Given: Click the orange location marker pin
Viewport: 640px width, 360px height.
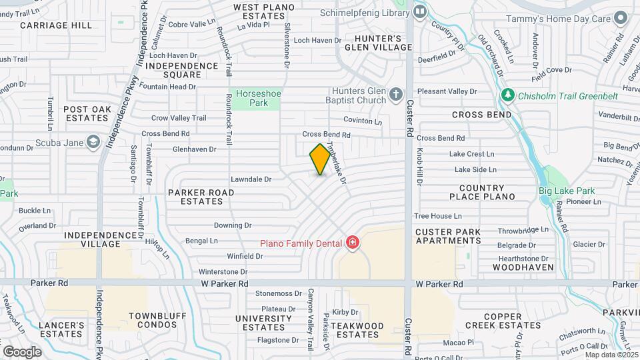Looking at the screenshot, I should click(320, 159).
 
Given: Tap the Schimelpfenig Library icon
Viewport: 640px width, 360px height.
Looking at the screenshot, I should click(420, 11).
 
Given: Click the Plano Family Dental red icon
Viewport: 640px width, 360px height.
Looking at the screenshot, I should click(352, 243).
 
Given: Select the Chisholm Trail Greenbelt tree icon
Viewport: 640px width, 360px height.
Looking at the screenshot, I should click(508, 95).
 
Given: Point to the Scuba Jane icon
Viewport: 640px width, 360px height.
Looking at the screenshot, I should click(93, 141).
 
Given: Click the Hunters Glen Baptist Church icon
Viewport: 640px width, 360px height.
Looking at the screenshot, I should click(395, 95).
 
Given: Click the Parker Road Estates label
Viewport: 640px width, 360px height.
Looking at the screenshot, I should click(201, 197).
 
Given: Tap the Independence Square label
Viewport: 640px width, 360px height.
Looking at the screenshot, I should click(182, 70).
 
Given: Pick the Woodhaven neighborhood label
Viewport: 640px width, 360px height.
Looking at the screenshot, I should click(523, 267).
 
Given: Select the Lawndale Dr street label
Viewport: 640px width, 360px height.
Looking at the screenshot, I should click(251, 179).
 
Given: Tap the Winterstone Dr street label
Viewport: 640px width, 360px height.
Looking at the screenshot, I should click(223, 272).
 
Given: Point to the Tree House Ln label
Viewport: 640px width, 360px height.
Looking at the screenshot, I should click(437, 216).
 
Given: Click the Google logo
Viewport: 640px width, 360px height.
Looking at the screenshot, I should click(22, 351).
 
